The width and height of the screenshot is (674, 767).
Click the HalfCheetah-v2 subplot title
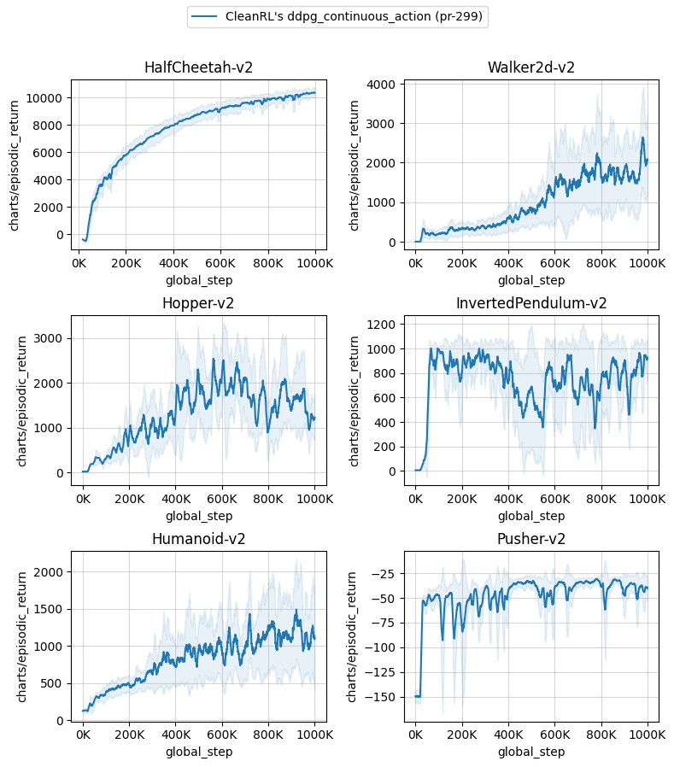[198, 67]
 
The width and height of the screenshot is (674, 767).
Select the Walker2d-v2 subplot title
[530, 67]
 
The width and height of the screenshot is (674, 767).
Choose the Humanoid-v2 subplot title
[198, 539]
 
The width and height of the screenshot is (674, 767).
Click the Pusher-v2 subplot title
[530, 539]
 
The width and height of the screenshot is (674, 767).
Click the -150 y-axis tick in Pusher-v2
[384, 697]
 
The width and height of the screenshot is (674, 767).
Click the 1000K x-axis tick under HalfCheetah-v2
[314, 264]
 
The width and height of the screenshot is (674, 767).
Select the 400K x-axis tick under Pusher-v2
[508, 735]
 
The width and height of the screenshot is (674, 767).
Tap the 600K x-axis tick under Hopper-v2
[222, 500]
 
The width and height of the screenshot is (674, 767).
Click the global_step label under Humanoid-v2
[198, 752]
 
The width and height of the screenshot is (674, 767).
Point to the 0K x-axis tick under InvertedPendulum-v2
[415, 500]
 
